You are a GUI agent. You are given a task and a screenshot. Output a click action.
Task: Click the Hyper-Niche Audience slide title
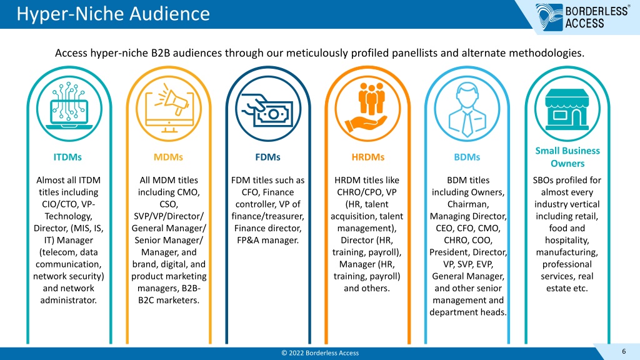113,14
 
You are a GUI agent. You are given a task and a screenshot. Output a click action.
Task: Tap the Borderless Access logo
582,17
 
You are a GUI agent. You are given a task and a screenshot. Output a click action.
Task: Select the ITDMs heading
67,157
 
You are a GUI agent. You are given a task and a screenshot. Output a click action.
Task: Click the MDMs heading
168,157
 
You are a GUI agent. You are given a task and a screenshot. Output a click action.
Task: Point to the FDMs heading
267,157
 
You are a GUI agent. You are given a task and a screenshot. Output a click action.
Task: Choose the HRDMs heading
367,157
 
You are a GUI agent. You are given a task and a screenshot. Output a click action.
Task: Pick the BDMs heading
467,157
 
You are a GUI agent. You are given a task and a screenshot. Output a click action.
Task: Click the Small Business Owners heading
567,157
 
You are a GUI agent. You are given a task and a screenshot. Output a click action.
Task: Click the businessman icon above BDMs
467,109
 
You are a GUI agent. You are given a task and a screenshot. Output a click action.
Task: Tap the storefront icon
567,109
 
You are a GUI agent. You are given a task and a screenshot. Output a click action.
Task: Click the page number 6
624,351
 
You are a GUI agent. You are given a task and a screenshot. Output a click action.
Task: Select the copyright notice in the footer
320,353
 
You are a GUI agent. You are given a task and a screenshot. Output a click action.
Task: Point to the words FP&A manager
267,240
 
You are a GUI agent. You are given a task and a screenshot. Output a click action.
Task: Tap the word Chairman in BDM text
467,204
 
